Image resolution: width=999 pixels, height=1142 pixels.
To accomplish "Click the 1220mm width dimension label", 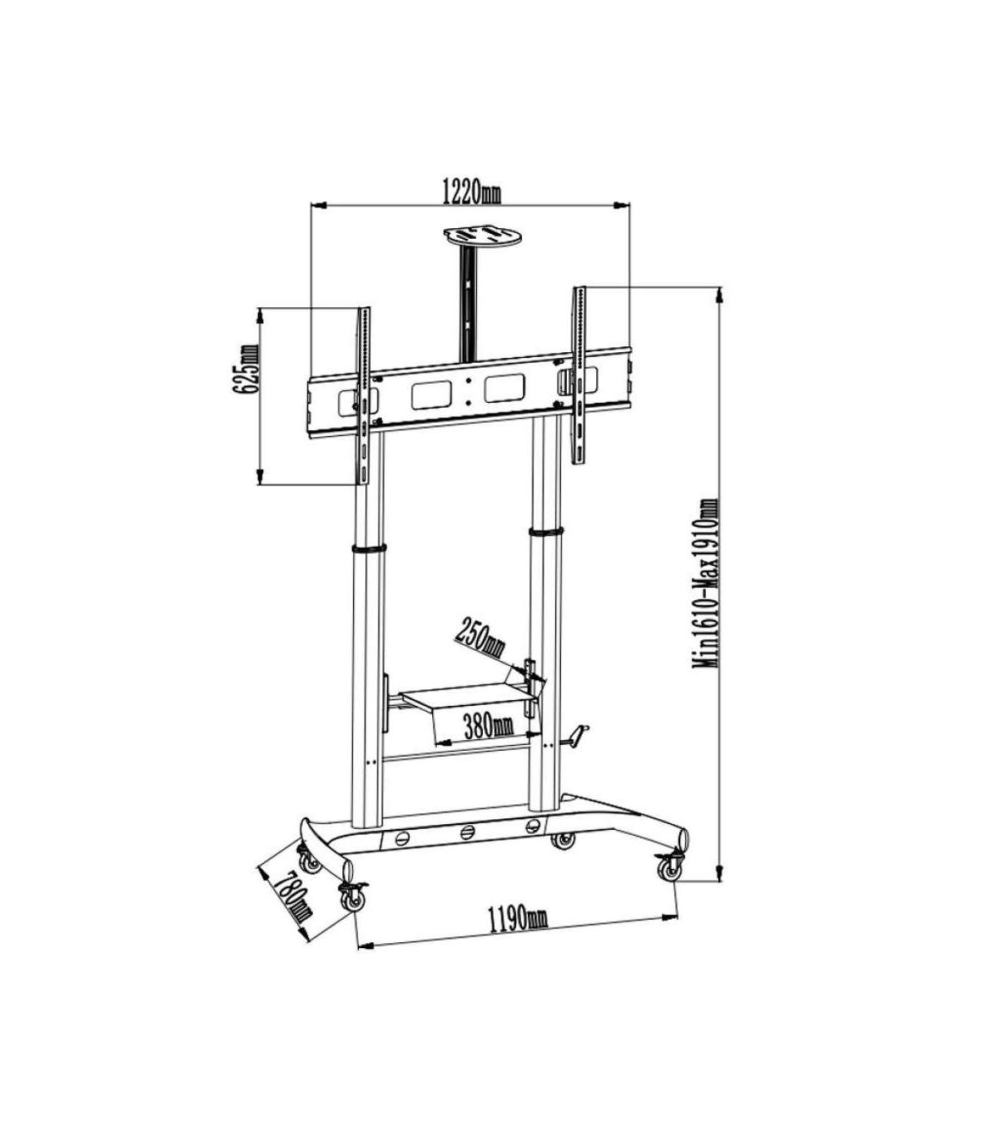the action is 471,192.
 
